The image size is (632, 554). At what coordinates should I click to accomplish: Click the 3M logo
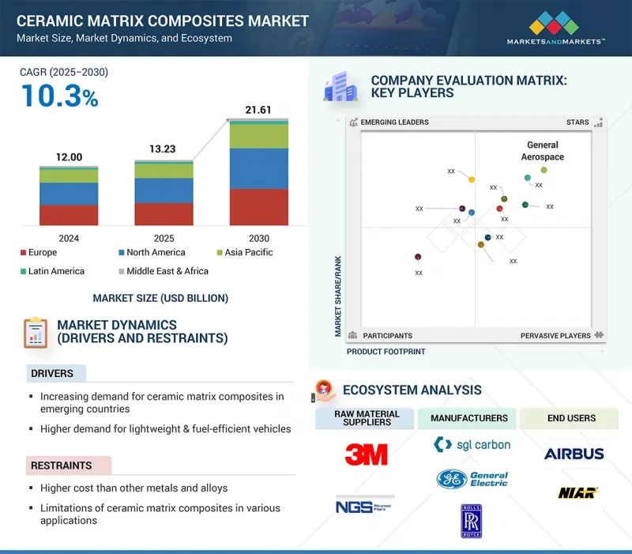coord(366,454)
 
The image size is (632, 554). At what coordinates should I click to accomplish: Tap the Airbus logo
coord(574,454)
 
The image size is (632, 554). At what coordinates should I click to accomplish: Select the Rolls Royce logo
coord(472,521)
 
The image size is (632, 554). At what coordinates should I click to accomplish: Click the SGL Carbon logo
coord(472,445)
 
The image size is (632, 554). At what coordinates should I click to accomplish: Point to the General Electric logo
coord(472,479)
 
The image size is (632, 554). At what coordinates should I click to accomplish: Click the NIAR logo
coord(574,493)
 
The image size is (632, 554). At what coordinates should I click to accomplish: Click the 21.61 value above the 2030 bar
coord(258,109)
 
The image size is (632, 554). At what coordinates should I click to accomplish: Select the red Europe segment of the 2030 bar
coord(258,207)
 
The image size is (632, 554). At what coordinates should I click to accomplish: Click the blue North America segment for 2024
coord(69,194)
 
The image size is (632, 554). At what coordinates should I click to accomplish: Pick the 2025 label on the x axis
coord(164,238)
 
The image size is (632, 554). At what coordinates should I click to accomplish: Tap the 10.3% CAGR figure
coord(59,96)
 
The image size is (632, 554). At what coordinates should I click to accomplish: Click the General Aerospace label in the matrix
coord(542,151)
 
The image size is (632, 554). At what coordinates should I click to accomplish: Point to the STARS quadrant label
coord(577,122)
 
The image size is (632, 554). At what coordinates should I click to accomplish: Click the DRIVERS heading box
coord(54,373)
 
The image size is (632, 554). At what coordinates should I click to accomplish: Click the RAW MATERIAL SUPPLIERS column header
coord(364,418)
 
